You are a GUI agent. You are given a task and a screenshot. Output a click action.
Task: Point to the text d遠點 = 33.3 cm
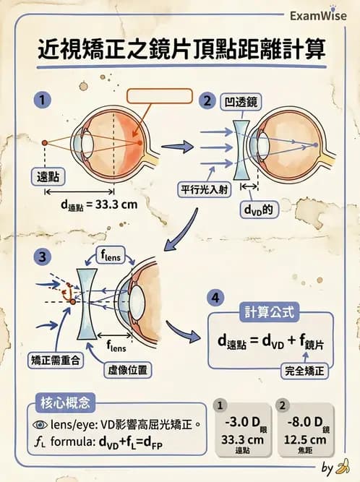pyautogui.click(x=99, y=205)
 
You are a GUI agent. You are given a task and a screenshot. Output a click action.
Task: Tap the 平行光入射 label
pyautogui.click(x=207, y=190)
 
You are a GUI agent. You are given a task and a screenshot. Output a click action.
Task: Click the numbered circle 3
pyautogui.click(x=45, y=257)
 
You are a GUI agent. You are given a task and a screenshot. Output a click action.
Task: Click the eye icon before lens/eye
pyautogui.click(x=43, y=425)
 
